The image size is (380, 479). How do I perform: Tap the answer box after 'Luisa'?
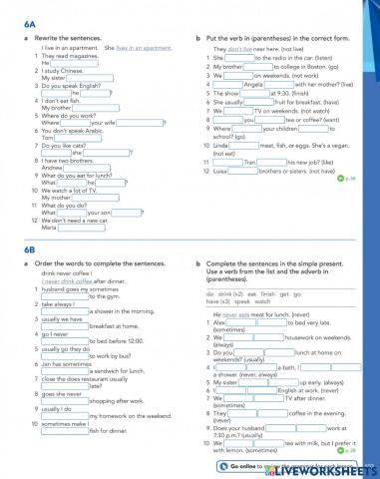[257, 173]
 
